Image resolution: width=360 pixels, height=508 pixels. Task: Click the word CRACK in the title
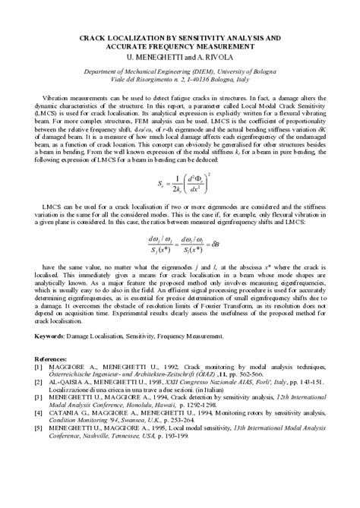click(96, 36)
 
